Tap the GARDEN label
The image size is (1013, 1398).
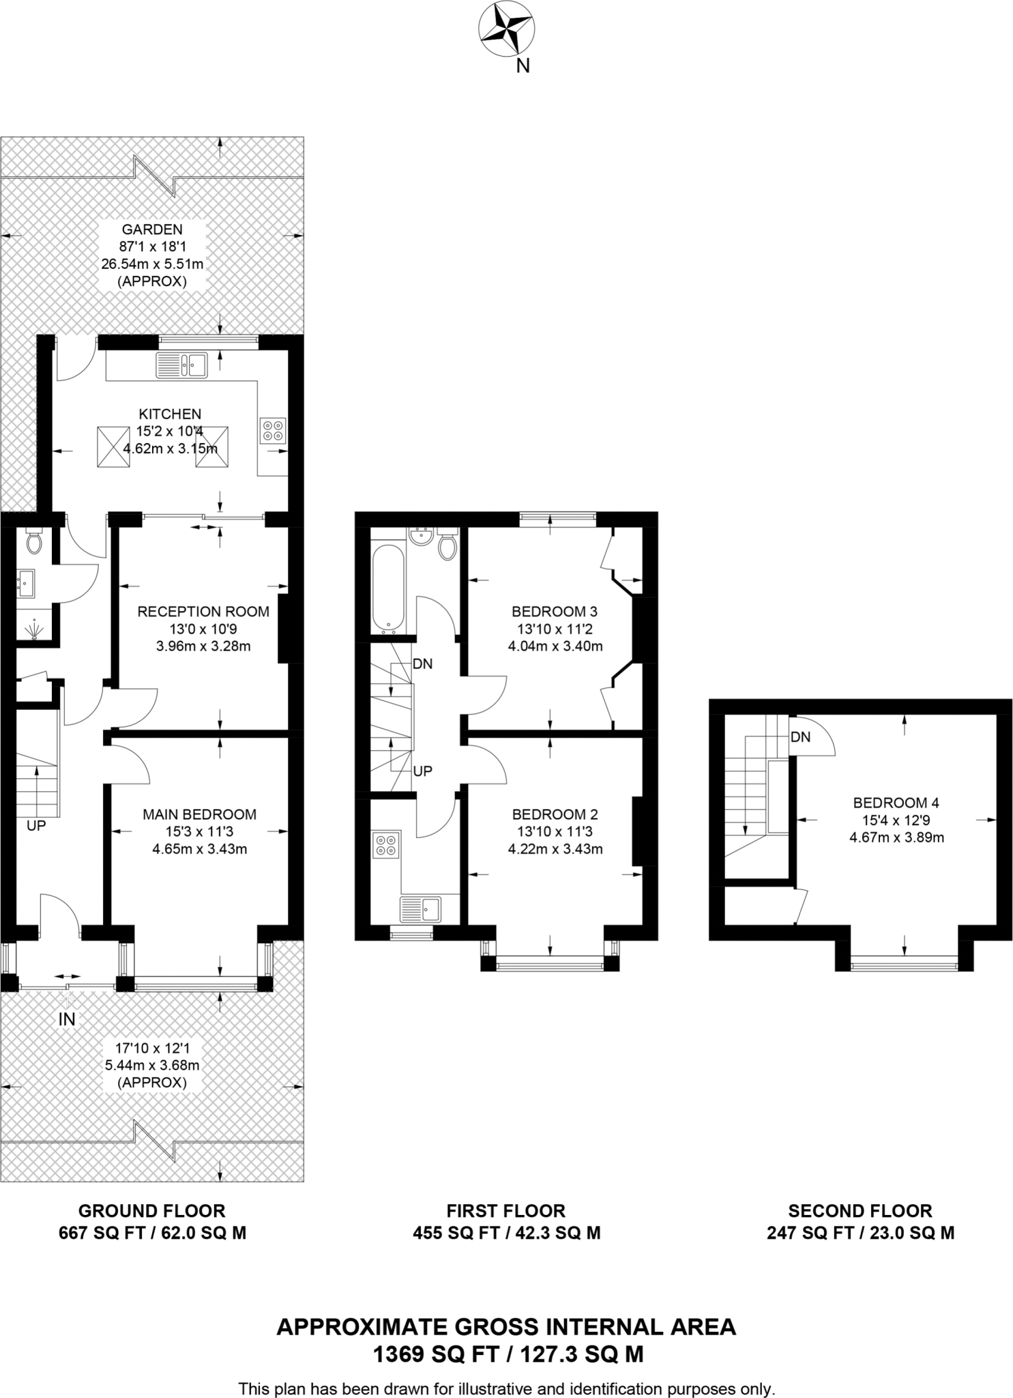[x=152, y=229]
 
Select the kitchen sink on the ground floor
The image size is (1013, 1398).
[x=182, y=365]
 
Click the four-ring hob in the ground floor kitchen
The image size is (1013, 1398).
[x=273, y=431]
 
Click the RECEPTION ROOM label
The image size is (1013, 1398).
[x=203, y=612]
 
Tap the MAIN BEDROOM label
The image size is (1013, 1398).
[x=199, y=814]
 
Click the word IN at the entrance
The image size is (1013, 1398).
[x=67, y=1020]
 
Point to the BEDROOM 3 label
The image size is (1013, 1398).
[x=549, y=612]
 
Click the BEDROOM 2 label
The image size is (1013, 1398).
[x=555, y=814]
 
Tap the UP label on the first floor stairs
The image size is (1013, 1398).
[x=423, y=771]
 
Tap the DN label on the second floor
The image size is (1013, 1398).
[x=801, y=737]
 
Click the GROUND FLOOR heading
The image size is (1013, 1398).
[x=151, y=1211]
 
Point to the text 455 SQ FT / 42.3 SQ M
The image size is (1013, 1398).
[x=506, y=1233]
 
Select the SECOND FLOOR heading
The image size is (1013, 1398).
[x=860, y=1211]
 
